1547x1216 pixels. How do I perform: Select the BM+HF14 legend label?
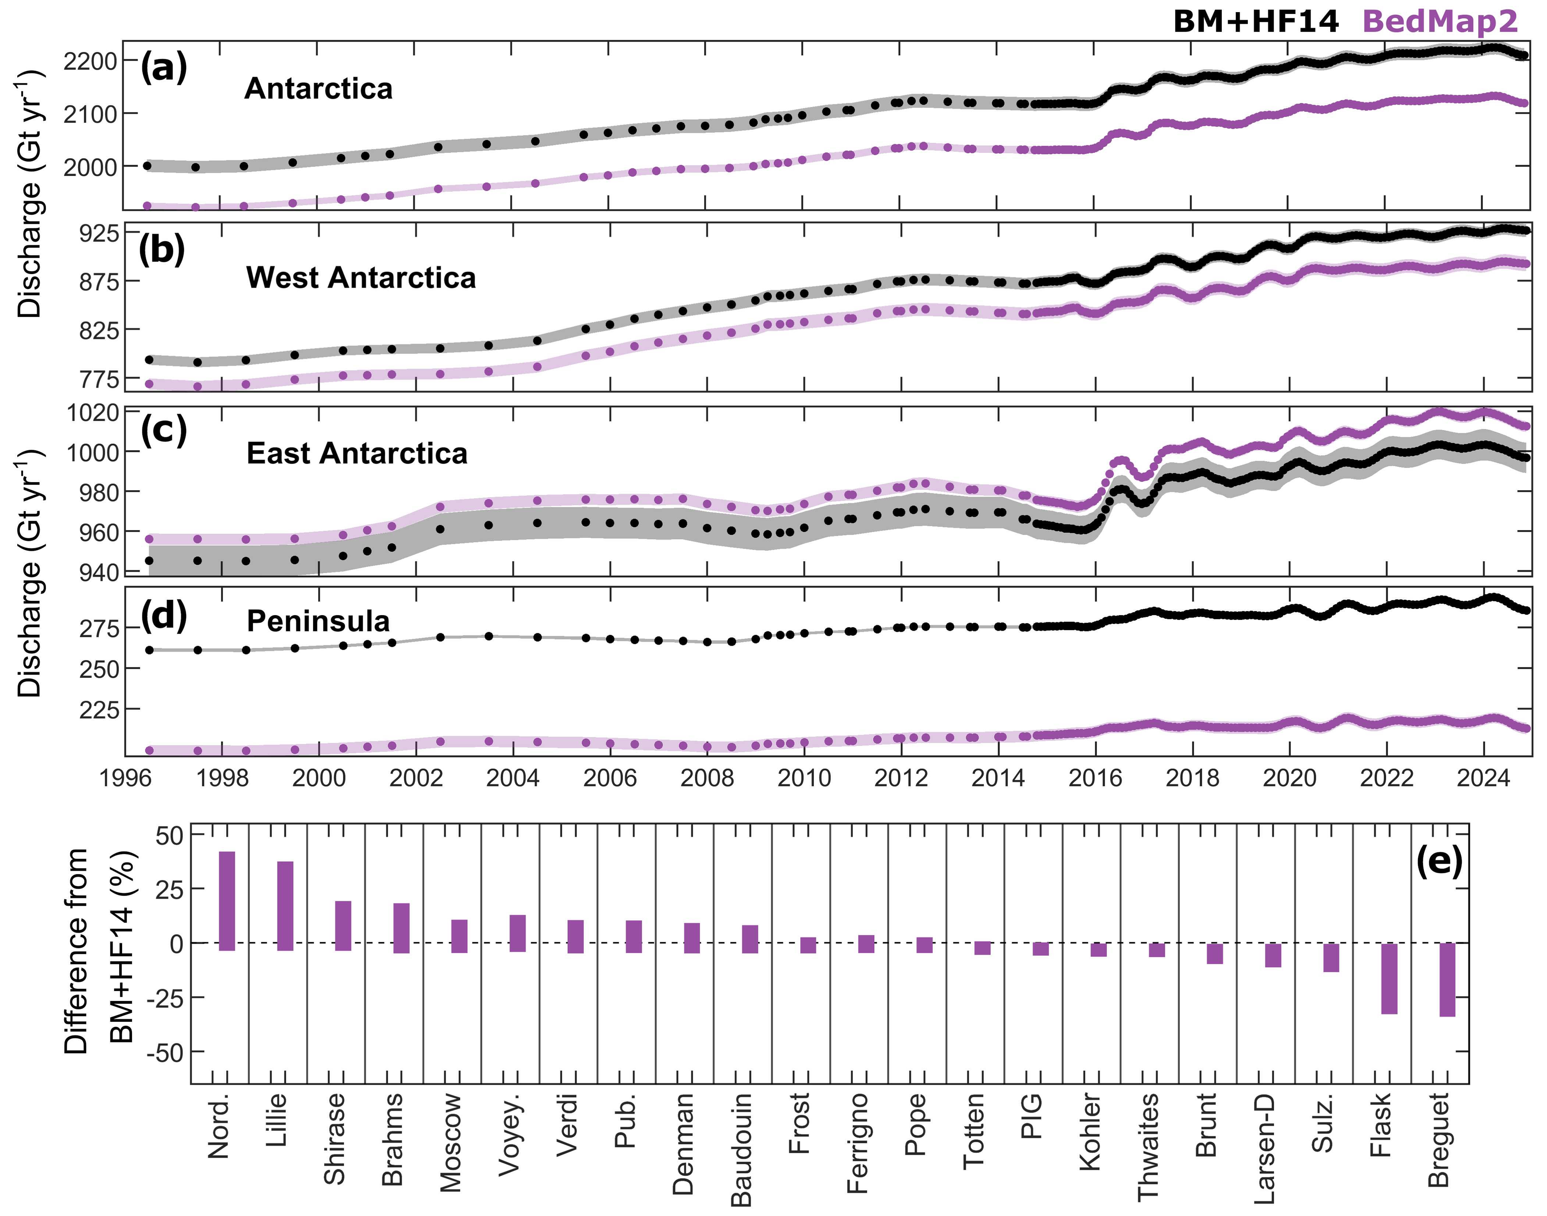coord(1256,21)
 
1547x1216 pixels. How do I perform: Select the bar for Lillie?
coord(285,906)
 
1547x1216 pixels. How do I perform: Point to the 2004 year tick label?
coord(513,778)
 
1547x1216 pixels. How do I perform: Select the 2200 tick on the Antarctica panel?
coord(89,61)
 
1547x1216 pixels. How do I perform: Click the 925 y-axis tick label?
coord(98,233)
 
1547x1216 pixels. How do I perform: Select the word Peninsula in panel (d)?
coord(318,621)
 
